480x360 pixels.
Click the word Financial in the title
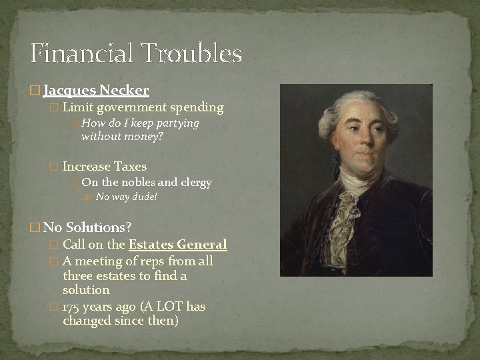(x=81, y=53)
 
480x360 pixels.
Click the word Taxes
(x=131, y=166)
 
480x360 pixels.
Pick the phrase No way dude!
(x=127, y=197)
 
